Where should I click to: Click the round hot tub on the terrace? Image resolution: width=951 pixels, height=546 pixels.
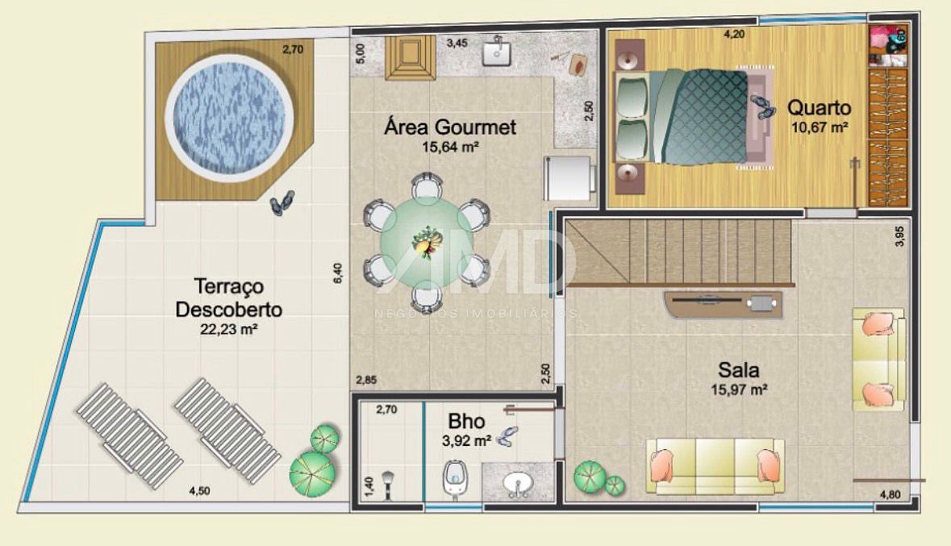[x=229, y=115]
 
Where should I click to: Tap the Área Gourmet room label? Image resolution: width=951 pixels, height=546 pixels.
[x=450, y=127]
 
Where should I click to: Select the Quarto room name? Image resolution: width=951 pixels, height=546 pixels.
[x=820, y=107]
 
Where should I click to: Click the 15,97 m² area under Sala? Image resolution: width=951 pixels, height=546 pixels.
[x=739, y=390]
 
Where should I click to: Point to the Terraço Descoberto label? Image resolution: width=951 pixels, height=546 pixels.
[x=228, y=298]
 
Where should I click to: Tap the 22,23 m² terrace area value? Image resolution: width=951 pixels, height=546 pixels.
[x=228, y=329]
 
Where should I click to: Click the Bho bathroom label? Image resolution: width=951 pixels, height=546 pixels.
[x=466, y=421]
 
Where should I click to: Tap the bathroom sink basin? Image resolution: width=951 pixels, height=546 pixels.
[x=518, y=484]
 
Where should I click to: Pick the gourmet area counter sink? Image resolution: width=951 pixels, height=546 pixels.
[x=499, y=52]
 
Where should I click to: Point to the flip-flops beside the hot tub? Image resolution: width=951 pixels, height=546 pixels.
[x=282, y=203]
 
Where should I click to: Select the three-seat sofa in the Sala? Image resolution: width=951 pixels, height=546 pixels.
[x=715, y=465]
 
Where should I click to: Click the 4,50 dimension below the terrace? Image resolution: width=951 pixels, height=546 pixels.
[x=199, y=491]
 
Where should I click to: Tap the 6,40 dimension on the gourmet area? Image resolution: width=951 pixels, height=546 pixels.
[x=338, y=273]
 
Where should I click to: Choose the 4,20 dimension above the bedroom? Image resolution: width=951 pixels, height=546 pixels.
[x=734, y=34]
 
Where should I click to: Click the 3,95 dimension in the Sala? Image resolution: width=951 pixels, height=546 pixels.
[x=899, y=235]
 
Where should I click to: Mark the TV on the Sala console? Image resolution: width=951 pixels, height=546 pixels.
[x=706, y=300]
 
